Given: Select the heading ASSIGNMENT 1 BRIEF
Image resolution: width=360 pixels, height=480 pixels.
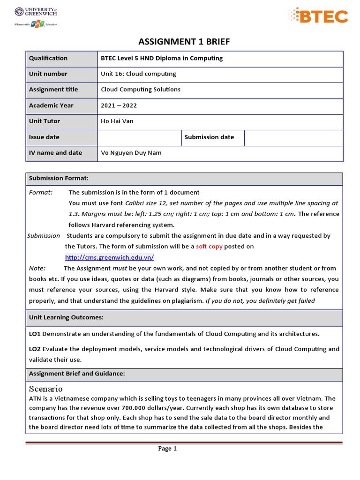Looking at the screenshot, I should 184,42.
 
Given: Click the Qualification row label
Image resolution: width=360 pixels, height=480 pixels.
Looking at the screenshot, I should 48,58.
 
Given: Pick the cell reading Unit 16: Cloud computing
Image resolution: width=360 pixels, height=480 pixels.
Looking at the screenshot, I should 138,74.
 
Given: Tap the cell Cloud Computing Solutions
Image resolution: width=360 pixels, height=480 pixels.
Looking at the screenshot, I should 141,90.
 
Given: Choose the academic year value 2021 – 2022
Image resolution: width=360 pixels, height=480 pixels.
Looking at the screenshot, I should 119,105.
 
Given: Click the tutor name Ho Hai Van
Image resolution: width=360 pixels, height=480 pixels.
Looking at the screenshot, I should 117,121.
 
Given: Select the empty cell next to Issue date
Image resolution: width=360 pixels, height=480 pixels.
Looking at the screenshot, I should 139,137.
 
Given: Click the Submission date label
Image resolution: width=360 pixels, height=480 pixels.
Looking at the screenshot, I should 209,137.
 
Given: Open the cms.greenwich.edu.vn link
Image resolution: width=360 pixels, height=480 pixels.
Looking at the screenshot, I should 109,257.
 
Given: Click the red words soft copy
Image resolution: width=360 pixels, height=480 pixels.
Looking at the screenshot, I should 209,247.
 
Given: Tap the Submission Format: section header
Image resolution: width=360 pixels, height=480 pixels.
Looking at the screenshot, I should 59,178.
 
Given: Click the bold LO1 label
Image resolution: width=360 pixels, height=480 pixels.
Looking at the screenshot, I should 35,334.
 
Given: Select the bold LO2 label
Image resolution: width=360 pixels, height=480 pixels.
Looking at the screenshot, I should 35,349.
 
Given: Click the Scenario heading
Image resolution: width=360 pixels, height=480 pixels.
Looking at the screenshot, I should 45,389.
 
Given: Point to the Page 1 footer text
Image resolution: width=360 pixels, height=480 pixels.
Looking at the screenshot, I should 167,449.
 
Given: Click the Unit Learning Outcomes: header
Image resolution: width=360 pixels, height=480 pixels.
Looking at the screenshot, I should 66,317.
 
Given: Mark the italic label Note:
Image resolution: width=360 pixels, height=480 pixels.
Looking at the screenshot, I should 37,269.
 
